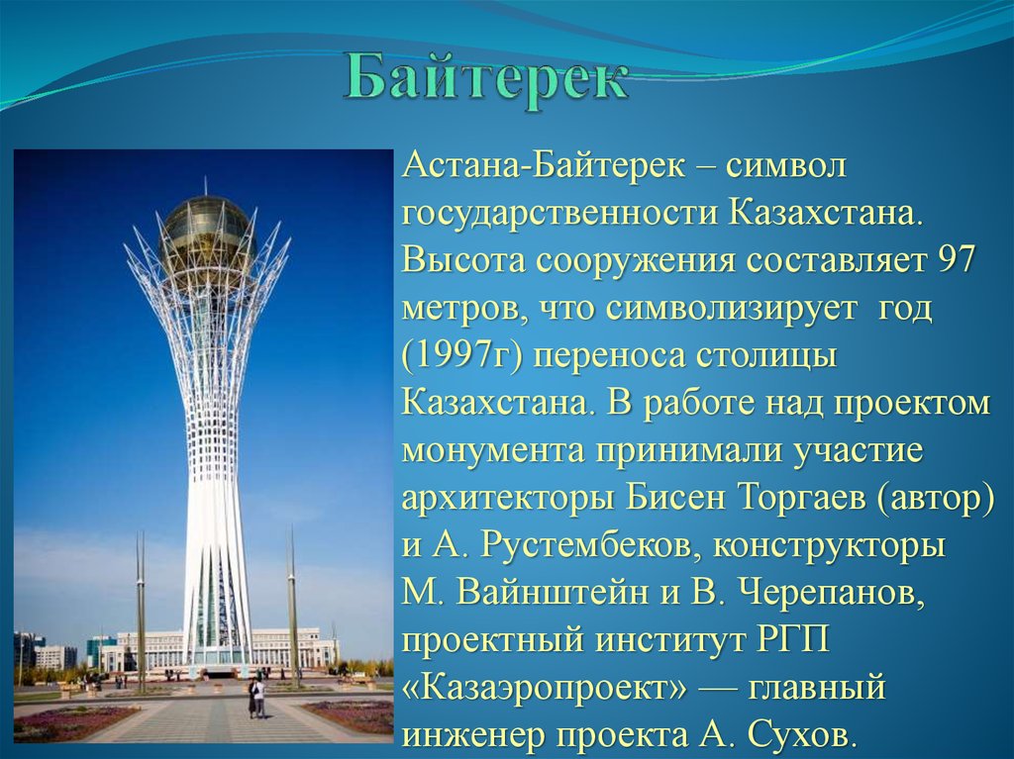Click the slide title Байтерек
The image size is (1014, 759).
click(485, 81)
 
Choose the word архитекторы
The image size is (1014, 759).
click(508, 499)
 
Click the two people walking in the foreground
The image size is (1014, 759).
click(256, 697)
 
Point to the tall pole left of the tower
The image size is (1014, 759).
click(141, 610)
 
